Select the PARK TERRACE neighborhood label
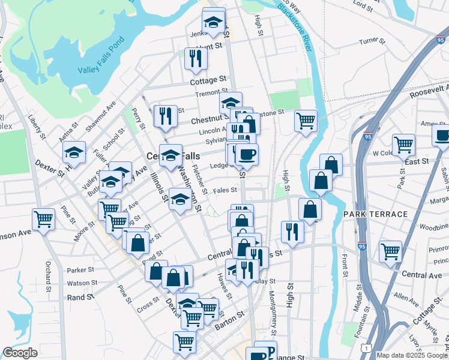click(x=375, y=214)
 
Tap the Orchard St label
click(x=49, y=277)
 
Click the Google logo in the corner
click(x=20, y=353)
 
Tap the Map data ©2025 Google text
click(x=412, y=355)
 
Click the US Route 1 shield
click(x=366, y=347)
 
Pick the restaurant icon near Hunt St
click(x=196, y=58)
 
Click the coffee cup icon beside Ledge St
click(x=246, y=154)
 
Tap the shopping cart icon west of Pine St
click(x=43, y=219)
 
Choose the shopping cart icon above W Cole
click(x=403, y=144)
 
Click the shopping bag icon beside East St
click(x=331, y=164)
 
